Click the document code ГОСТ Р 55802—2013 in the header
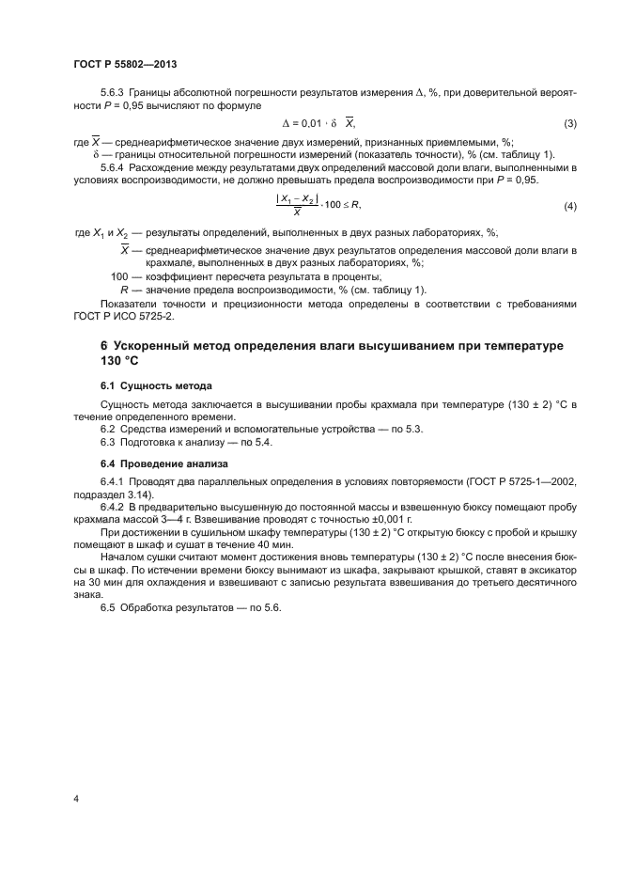[125, 64]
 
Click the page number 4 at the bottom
[76, 799]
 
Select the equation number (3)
[569, 124]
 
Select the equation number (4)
[569, 205]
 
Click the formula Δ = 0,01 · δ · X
[319, 124]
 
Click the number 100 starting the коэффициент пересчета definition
[119, 276]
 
